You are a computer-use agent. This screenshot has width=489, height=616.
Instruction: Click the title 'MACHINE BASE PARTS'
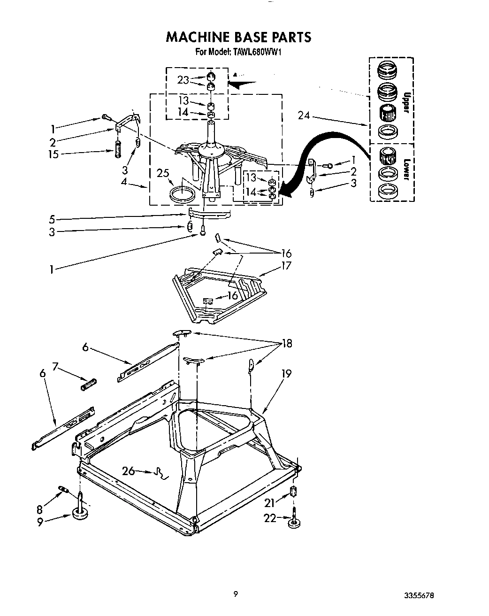[238, 37]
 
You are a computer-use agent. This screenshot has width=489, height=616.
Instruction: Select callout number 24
[305, 115]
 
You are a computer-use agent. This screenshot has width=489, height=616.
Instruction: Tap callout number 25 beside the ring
[163, 173]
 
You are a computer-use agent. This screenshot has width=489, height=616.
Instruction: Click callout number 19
[286, 374]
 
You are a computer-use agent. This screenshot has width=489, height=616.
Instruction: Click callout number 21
[269, 503]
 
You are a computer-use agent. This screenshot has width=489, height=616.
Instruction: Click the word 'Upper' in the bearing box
[406, 102]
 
